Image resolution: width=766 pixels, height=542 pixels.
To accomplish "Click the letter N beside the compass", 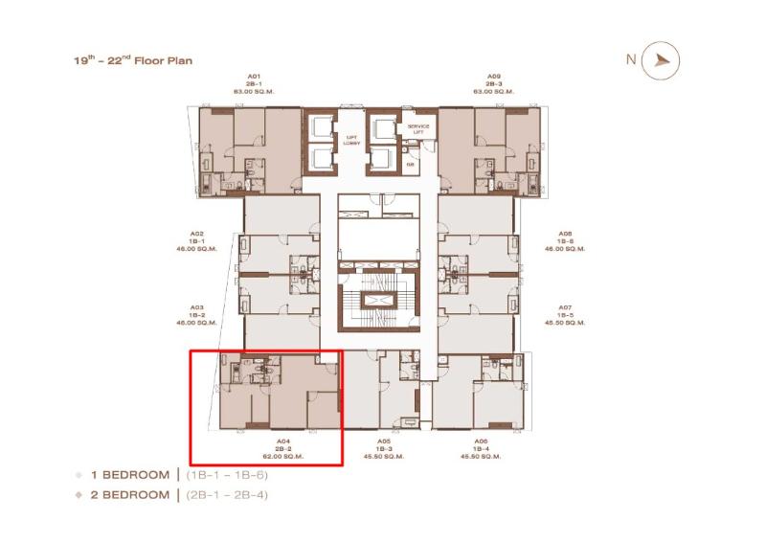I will pyautogui.click(x=631, y=58).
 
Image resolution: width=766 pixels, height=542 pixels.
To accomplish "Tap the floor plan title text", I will pyautogui.click(x=133, y=60).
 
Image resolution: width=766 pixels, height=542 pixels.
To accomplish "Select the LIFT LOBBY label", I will pyautogui.click(x=351, y=140).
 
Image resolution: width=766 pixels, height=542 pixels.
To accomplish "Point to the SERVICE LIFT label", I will pyautogui.click(x=419, y=128).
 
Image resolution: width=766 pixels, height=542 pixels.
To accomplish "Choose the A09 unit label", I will pyautogui.click(x=493, y=76).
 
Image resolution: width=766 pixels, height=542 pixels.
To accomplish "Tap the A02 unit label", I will pyautogui.click(x=196, y=233).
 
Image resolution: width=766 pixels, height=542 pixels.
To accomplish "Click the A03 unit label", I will pyautogui.click(x=196, y=307).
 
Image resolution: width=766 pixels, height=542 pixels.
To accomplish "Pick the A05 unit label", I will pyautogui.click(x=385, y=441).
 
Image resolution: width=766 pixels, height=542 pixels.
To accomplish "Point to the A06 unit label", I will pyautogui.click(x=482, y=441).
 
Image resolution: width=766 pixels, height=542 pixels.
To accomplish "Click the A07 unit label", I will pyautogui.click(x=566, y=307).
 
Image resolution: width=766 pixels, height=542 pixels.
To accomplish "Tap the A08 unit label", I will pyautogui.click(x=566, y=233).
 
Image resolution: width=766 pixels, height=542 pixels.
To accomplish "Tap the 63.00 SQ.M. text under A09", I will pyautogui.click(x=493, y=91).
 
